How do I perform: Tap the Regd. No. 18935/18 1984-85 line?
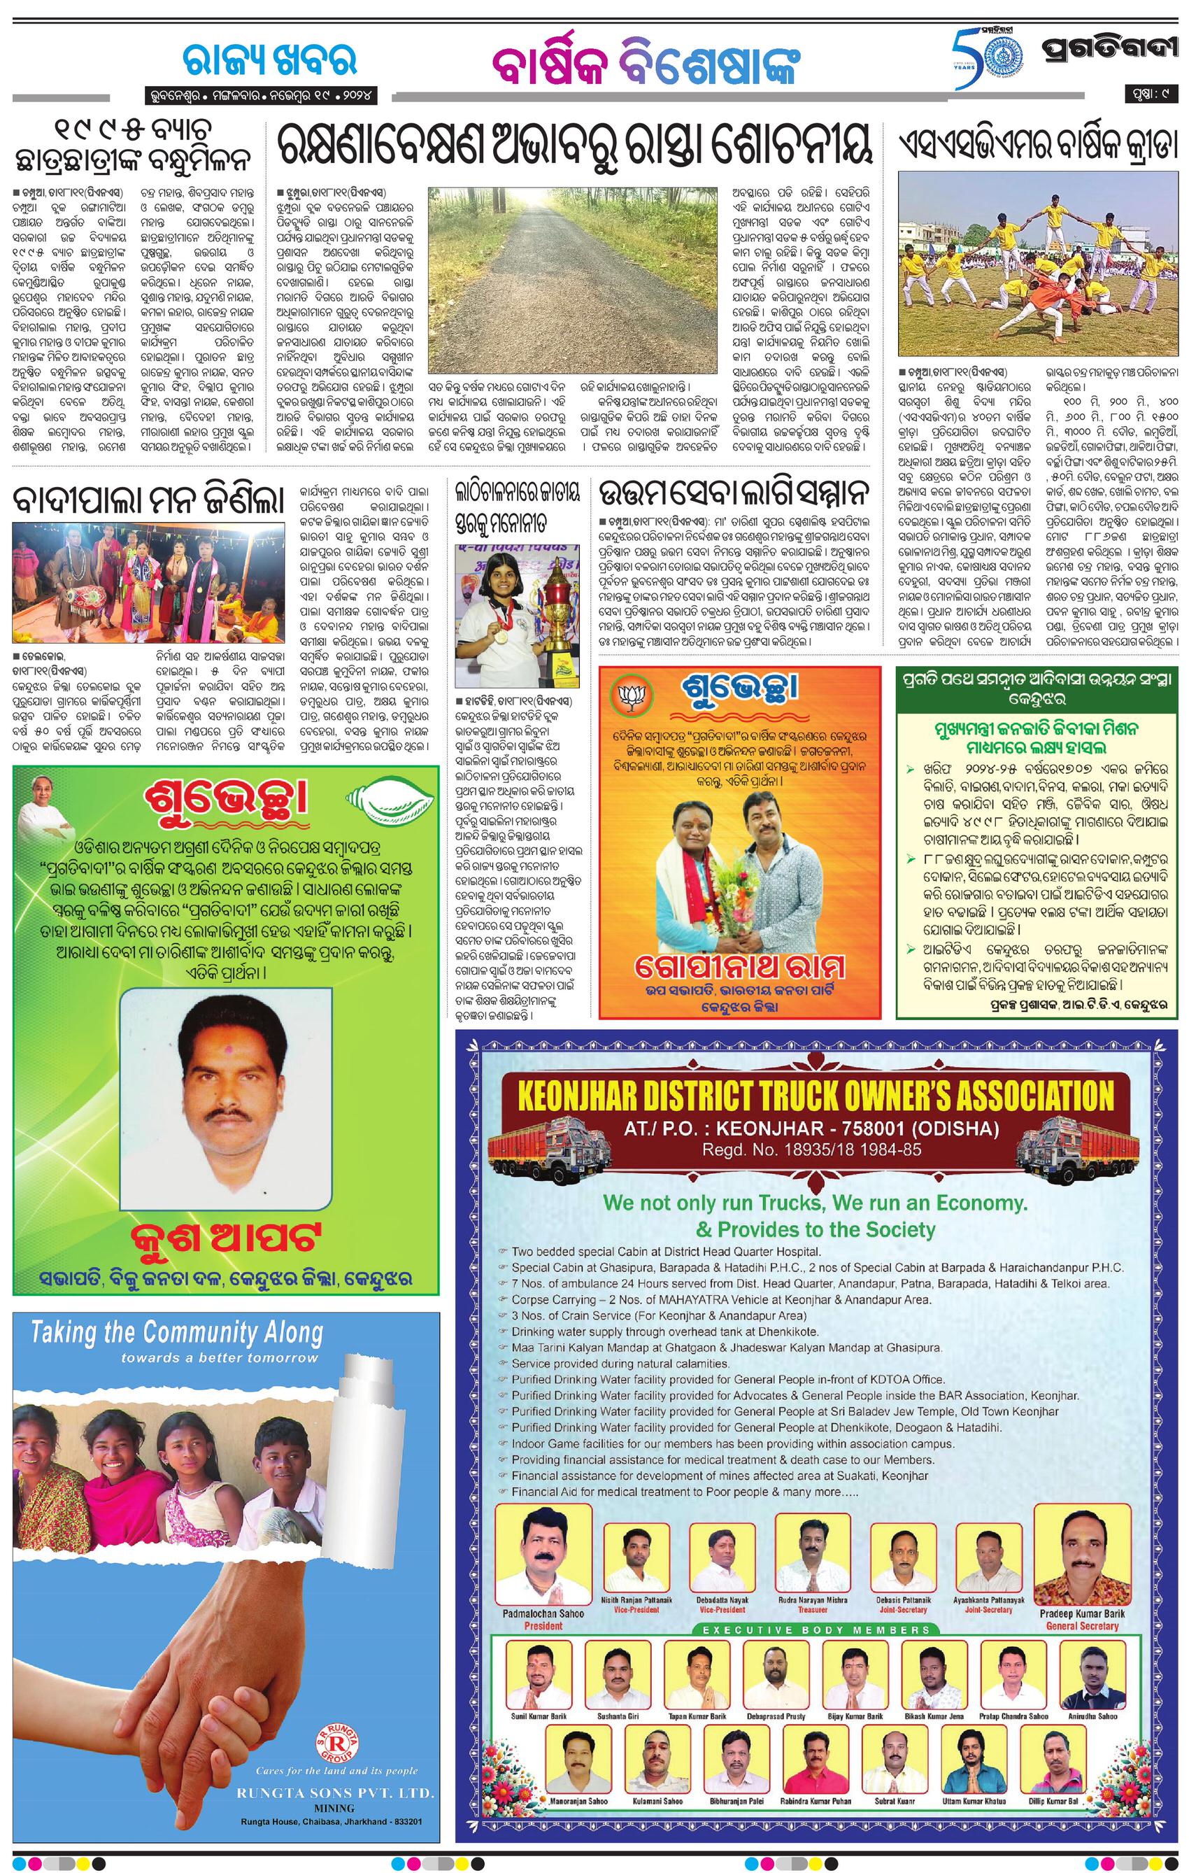tap(812, 1149)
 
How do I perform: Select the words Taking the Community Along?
tap(176, 1333)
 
